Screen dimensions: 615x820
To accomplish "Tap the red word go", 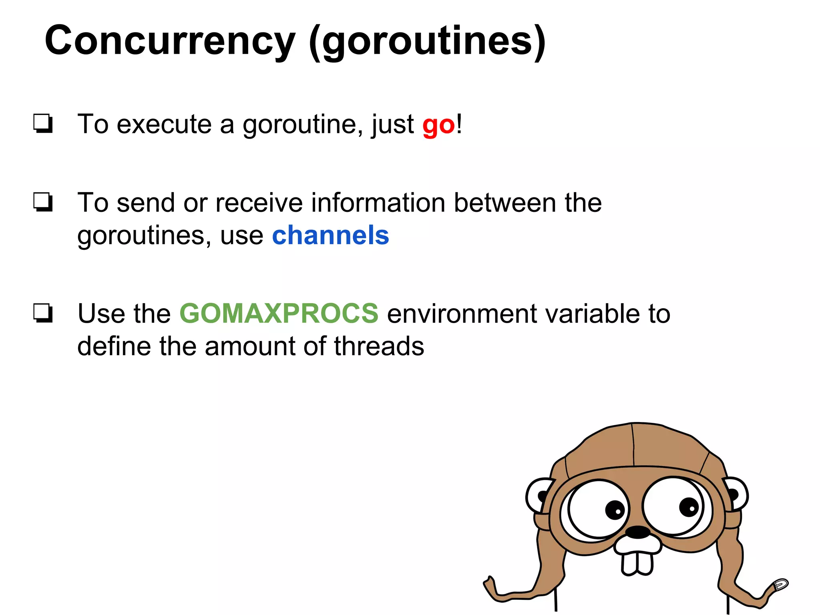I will tap(438, 125).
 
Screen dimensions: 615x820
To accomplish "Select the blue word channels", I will tap(330, 235).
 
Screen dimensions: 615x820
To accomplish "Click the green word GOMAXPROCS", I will tap(279, 313).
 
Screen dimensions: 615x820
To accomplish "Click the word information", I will tap(378, 203).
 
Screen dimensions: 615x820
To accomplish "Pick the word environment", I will tap(462, 314).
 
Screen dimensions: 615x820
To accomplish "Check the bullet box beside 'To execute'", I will tap(43, 124).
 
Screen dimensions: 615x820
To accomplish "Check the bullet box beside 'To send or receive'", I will tap(43, 202).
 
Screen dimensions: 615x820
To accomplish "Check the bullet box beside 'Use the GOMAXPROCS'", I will tap(43, 313).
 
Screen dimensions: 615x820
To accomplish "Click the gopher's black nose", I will tap(637, 532).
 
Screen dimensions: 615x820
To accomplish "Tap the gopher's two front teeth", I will tap(637, 563).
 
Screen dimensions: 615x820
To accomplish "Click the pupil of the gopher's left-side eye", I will tap(615, 510).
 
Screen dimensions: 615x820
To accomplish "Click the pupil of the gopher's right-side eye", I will tap(689, 507).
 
